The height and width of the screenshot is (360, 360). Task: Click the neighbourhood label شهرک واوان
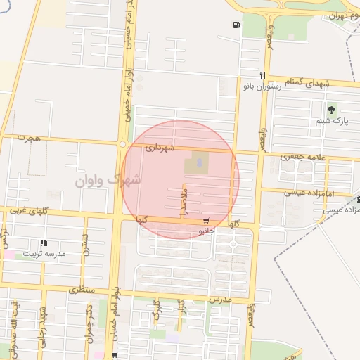pyautogui.click(x=108, y=181)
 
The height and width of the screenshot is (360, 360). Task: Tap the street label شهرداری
pyautogui.click(x=158, y=148)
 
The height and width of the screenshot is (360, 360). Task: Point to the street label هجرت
pyautogui.click(x=30, y=139)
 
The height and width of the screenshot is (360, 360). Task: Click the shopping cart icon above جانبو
pyautogui.click(x=205, y=221)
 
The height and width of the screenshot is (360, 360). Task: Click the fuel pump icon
pyautogui.click(x=234, y=26)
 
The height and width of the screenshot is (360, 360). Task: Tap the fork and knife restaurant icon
pyautogui.click(x=262, y=75)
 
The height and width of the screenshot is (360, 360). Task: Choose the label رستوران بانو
pyautogui.click(x=262, y=86)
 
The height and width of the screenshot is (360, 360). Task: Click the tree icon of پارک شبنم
pyautogui.click(x=331, y=109)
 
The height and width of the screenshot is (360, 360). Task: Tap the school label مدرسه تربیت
pyautogui.click(x=44, y=252)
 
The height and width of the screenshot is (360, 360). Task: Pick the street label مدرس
pyautogui.click(x=219, y=300)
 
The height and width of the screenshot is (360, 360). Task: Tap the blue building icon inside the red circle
pyautogui.click(x=198, y=164)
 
